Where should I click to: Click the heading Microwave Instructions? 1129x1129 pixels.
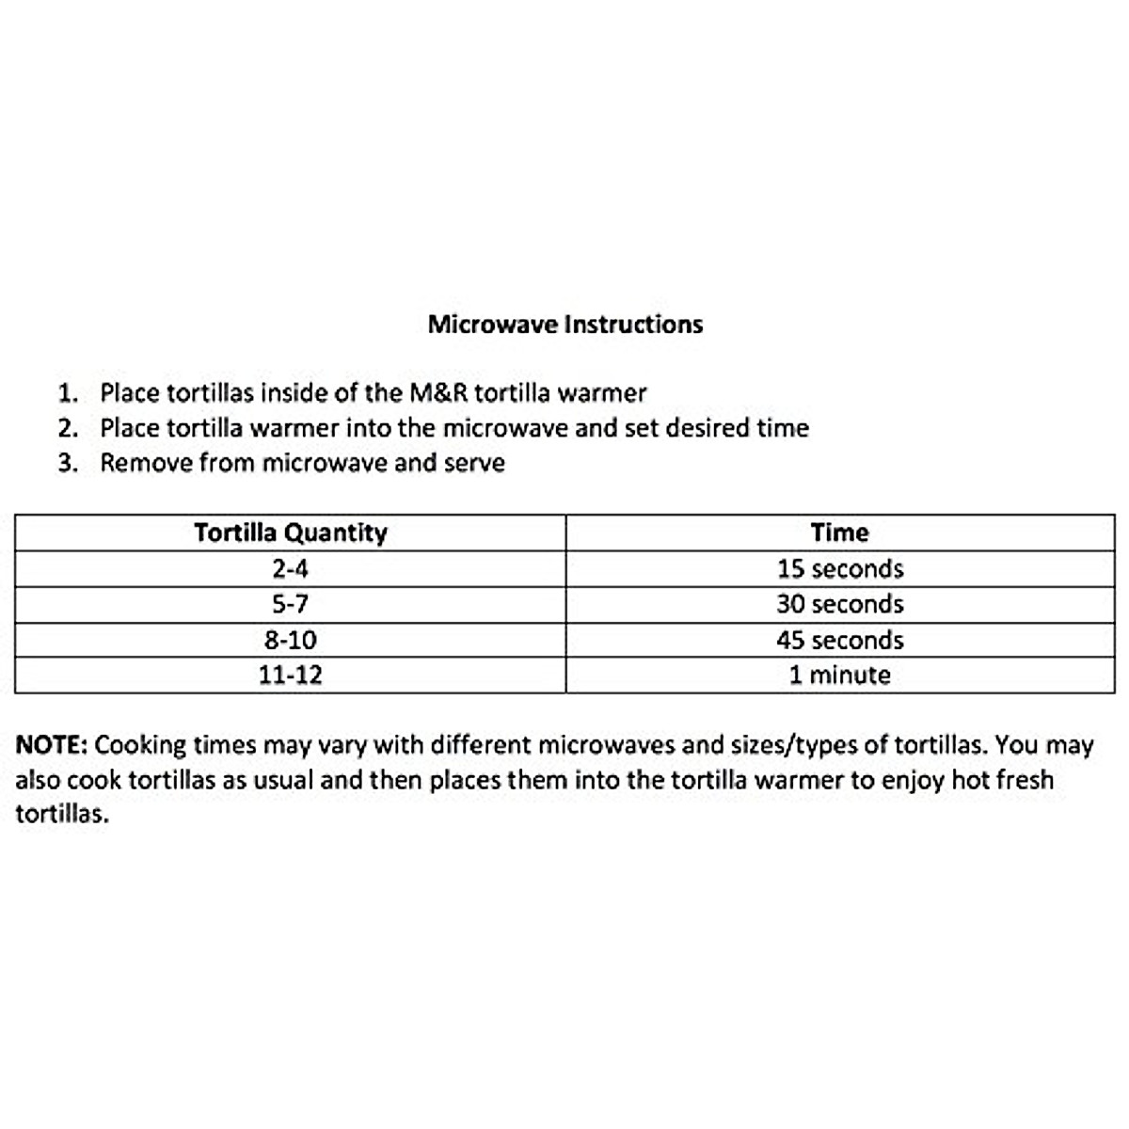tap(564, 325)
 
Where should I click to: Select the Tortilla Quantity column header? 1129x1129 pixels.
tap(291, 533)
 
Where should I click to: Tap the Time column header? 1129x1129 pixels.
tap(839, 533)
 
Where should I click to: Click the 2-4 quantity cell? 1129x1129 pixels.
tap(291, 569)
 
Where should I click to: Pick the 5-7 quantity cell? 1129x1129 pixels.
tap(291, 604)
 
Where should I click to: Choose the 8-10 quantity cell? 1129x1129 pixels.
tap(291, 640)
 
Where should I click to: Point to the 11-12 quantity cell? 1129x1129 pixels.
tap(291, 676)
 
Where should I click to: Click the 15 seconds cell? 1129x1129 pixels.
tap(839, 569)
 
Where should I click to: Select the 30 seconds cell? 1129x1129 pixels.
tap(839, 604)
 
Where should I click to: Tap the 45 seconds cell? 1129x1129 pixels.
tap(839, 640)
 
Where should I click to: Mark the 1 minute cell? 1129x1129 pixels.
tap(839, 676)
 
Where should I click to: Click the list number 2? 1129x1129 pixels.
tap(66, 428)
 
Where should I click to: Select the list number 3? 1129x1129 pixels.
tap(66, 463)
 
